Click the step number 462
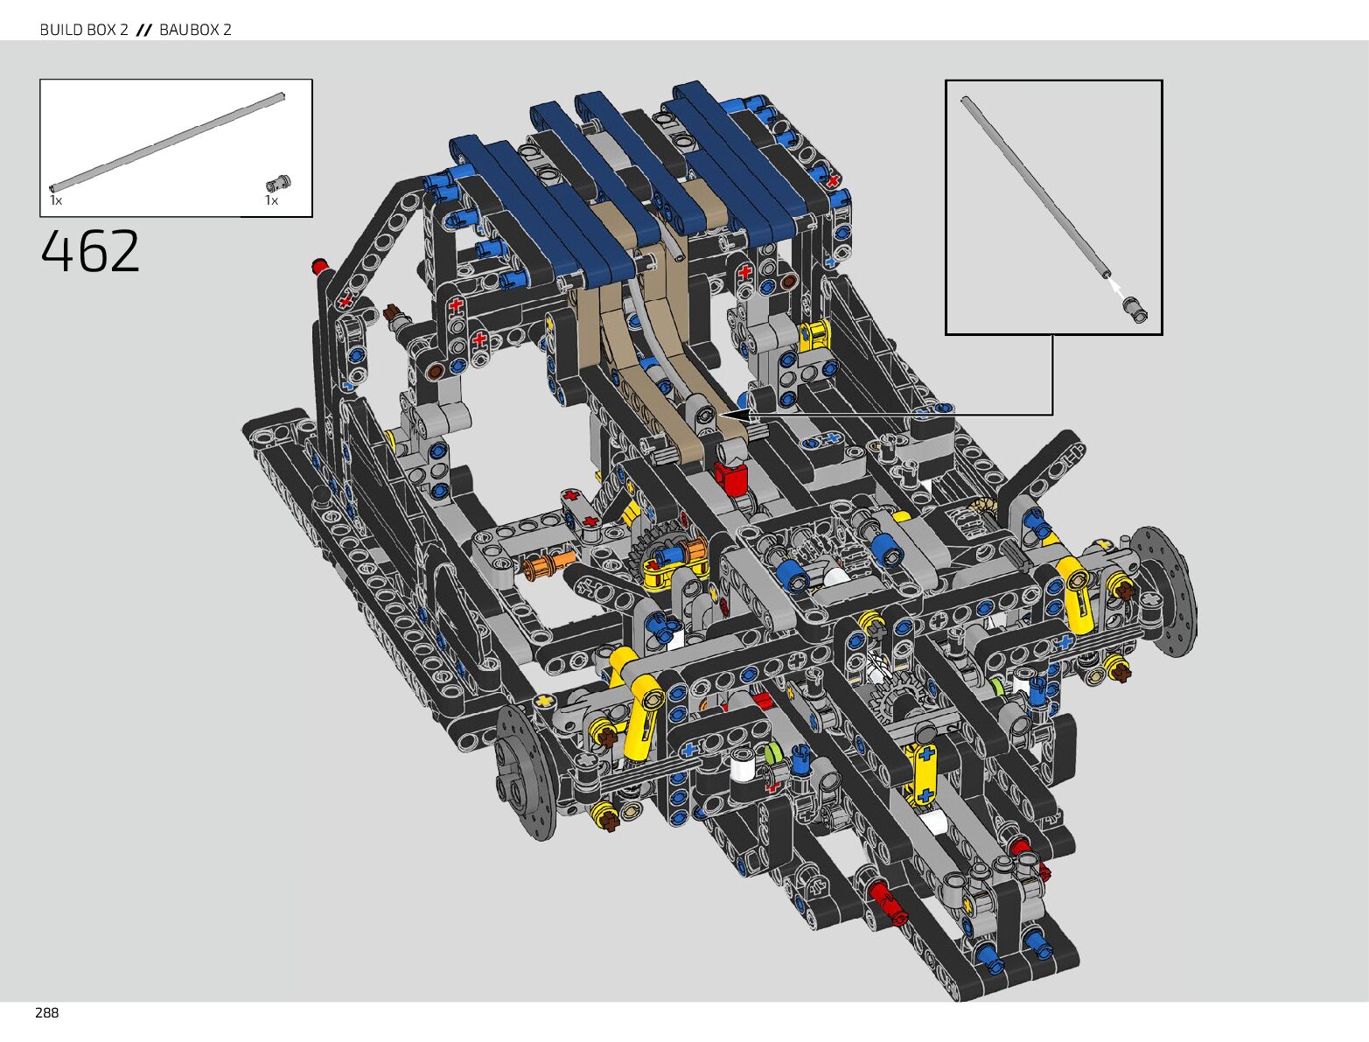click(x=90, y=251)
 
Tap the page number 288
click(x=46, y=1013)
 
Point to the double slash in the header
click(x=144, y=30)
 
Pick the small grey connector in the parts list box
click(x=278, y=184)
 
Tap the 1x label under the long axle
click(x=56, y=200)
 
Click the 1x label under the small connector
click(x=271, y=200)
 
